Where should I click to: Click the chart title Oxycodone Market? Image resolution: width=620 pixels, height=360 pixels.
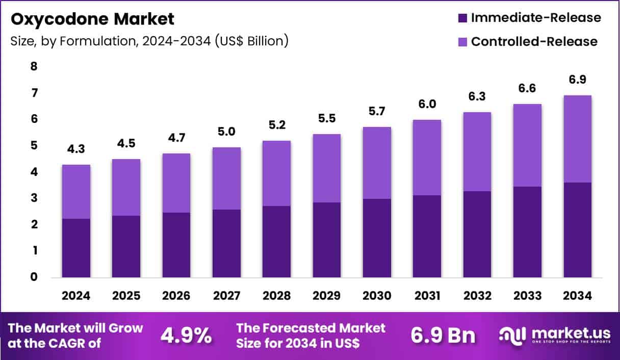pyautogui.click(x=92, y=19)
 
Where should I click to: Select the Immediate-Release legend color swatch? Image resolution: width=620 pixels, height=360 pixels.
pyautogui.click(x=462, y=18)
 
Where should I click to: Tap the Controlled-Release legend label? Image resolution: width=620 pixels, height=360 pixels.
pyautogui.click(x=534, y=41)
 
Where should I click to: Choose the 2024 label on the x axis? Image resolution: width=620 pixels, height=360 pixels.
pyautogui.click(x=76, y=296)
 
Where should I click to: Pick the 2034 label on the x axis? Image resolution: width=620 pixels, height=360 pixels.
pyautogui.click(x=577, y=296)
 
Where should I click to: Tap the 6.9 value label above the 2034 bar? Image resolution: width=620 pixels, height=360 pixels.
pyautogui.click(x=577, y=80)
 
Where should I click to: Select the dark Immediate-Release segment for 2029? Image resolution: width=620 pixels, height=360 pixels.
pyautogui.click(x=327, y=240)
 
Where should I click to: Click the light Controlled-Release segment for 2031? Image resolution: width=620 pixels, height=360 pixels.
pyautogui.click(x=427, y=157)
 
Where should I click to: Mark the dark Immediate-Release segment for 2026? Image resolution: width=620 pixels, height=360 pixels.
pyautogui.click(x=176, y=245)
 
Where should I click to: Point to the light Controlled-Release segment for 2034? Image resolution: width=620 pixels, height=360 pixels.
pyautogui.click(x=577, y=139)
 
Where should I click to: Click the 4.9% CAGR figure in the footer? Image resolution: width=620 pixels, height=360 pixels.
pyautogui.click(x=186, y=336)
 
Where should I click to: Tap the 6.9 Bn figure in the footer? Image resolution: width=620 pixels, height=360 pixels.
pyautogui.click(x=443, y=336)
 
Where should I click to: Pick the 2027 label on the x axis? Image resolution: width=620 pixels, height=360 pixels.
pyautogui.click(x=226, y=296)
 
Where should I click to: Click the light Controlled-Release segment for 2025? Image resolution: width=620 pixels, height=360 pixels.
pyautogui.click(x=126, y=187)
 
